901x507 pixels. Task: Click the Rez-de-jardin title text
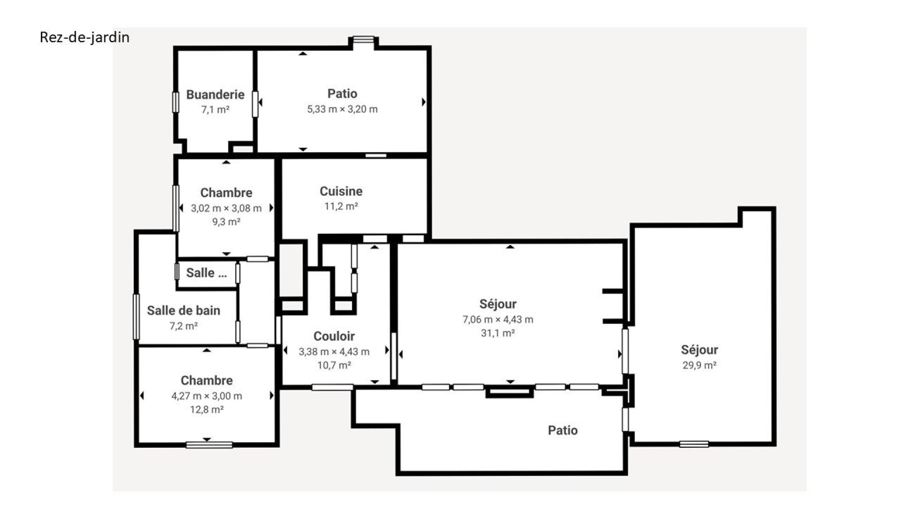(84, 37)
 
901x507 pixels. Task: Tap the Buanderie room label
(215, 94)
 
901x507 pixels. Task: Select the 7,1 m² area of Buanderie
(215, 109)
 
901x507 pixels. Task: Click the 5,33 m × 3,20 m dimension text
(342, 109)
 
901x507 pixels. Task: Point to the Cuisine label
(341, 191)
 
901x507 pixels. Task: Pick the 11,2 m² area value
(341, 206)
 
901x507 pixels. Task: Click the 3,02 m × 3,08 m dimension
(226, 208)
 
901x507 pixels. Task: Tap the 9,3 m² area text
(226, 222)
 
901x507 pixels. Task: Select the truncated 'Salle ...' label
(206, 273)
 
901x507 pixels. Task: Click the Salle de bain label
(183, 310)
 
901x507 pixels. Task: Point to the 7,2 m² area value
(183, 326)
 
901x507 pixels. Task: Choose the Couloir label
(334, 336)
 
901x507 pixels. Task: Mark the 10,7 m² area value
(334, 365)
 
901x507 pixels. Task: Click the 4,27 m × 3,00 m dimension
(207, 396)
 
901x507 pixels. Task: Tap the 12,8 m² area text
(207, 409)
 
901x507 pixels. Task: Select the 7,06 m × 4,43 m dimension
(498, 319)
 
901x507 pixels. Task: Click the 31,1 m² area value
(498, 333)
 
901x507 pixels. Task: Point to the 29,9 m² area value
(699, 365)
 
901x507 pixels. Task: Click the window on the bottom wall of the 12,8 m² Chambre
(209, 445)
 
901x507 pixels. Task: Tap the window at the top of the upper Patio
(364, 39)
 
